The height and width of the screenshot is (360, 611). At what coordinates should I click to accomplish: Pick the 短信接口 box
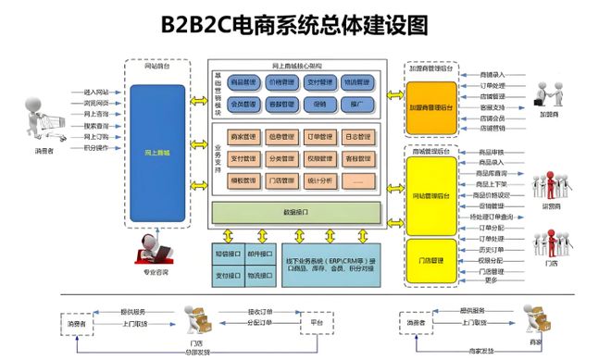[228, 251]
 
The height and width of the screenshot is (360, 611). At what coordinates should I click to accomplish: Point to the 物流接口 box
[260, 275]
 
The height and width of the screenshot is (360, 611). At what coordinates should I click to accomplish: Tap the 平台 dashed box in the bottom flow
[317, 324]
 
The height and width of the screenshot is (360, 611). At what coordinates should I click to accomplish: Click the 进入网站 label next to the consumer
[96, 93]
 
